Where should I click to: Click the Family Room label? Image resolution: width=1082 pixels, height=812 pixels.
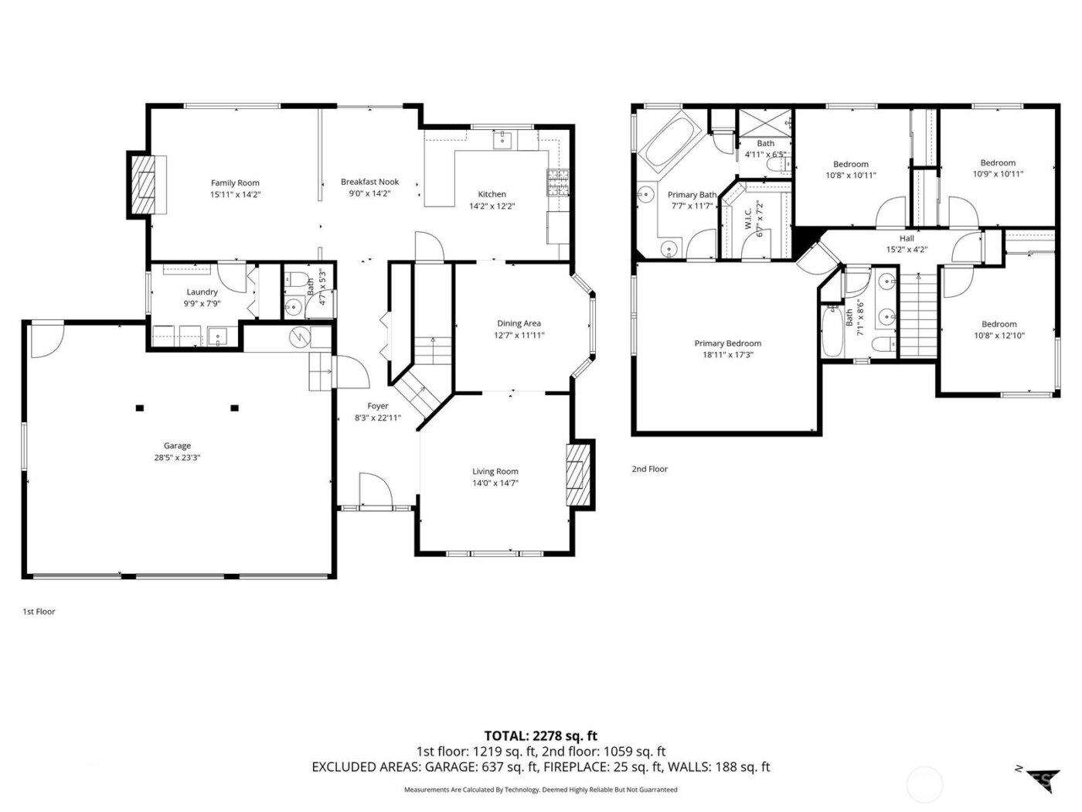(x=235, y=183)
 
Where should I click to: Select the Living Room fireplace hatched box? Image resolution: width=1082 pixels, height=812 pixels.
(x=577, y=473)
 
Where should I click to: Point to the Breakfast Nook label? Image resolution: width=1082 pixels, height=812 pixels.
(x=369, y=183)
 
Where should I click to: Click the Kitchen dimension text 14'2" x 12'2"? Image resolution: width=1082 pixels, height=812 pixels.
(x=492, y=206)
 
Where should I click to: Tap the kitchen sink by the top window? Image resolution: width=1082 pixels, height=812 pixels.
(x=503, y=140)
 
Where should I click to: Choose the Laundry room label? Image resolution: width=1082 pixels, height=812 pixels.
(x=202, y=292)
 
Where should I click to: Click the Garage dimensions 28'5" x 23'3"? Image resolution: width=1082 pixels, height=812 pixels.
(x=177, y=458)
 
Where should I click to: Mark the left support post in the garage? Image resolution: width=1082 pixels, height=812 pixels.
(x=140, y=408)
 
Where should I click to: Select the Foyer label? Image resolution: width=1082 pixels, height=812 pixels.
(x=377, y=406)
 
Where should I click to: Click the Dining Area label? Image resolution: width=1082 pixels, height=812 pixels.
(x=519, y=323)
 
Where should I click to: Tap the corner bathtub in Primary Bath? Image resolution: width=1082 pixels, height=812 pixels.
(x=670, y=141)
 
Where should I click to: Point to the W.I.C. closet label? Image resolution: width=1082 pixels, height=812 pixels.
(x=749, y=223)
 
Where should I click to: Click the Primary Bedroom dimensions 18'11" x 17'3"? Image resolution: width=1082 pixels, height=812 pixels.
(x=727, y=356)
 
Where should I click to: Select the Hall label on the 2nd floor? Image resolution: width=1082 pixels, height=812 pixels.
(x=907, y=238)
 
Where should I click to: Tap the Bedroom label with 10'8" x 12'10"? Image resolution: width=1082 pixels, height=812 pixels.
(x=999, y=324)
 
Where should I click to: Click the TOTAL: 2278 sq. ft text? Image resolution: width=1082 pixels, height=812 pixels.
(x=540, y=736)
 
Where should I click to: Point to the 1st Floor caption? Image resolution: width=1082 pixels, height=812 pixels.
(x=39, y=612)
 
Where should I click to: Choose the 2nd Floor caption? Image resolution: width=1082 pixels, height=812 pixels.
(x=649, y=469)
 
